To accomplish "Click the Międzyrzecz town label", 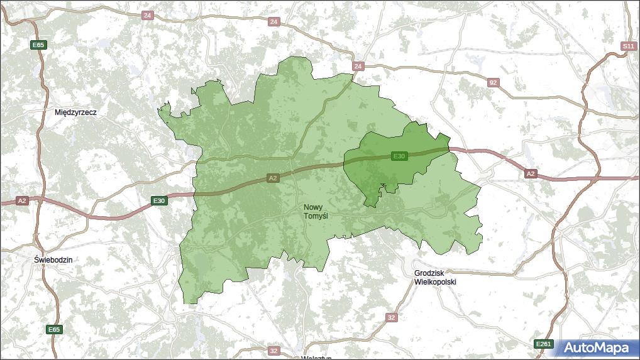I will point(75,112).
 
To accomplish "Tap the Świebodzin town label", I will point(53,259).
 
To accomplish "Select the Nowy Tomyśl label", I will point(316,211).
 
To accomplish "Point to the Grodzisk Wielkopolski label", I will point(435,277).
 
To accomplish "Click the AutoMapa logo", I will point(596,347).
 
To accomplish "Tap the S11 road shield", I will point(627,46).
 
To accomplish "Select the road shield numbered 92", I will point(494,82).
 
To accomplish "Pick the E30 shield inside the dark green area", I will point(399,156).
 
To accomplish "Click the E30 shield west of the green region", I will point(159,201).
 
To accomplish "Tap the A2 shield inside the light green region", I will point(272,178).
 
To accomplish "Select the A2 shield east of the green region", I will point(531,173).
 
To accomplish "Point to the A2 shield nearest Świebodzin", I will point(22,200).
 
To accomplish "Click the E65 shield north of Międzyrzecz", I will point(39,45).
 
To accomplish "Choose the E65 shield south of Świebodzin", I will point(54,329).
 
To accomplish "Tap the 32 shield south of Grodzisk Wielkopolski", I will point(392,317).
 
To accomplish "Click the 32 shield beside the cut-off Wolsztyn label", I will point(273,351).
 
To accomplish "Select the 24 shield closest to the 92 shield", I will point(358,66).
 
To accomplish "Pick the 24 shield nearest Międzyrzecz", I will point(147,15).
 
